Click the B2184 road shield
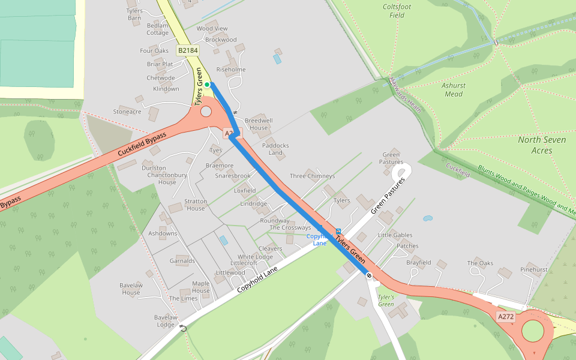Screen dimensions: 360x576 188,50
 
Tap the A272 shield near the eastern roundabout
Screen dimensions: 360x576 506,316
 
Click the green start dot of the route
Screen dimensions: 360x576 207,85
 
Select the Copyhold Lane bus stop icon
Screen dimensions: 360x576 338,231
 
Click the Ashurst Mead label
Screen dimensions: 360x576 453,89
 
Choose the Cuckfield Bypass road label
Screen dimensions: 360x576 142,145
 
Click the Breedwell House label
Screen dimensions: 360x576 259,124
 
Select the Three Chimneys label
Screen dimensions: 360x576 312,176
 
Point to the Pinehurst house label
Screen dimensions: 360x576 533,269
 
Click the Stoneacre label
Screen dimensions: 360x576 127,112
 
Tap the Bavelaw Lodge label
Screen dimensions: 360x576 165,320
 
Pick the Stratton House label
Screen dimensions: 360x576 196,205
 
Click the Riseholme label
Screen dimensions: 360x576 231,70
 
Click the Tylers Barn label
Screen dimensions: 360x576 134,14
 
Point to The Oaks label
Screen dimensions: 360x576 480,263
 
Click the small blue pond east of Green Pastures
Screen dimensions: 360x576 427,218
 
